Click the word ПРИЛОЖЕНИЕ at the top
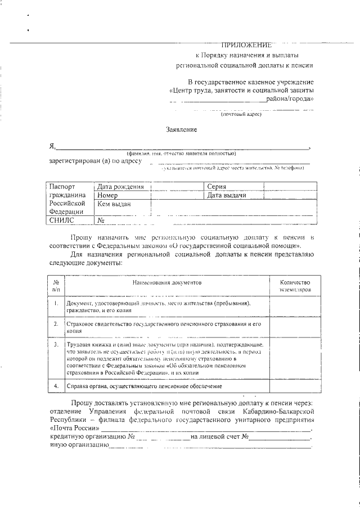click(x=246, y=44)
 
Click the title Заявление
click(x=181, y=129)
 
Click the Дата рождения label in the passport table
click(x=120, y=187)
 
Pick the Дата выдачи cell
click(x=227, y=195)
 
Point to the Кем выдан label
click(x=114, y=204)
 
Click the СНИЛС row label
click(x=62, y=221)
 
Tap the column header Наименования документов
click(x=167, y=282)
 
